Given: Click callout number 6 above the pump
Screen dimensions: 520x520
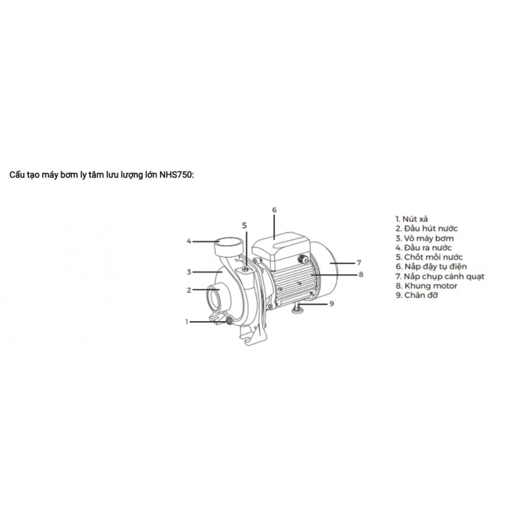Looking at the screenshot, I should tap(275, 210).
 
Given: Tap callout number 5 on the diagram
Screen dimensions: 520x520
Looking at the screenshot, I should tap(245, 225).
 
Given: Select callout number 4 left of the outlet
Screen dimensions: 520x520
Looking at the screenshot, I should tap(190, 241).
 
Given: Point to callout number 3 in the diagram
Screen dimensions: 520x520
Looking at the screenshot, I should tap(190, 271).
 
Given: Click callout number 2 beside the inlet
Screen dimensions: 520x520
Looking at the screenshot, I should tap(190, 290).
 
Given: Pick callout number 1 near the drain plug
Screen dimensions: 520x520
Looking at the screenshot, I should tap(186, 322).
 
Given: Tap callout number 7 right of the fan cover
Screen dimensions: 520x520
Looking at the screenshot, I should tap(358, 262).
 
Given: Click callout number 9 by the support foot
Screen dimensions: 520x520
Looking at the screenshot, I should tap(331, 304).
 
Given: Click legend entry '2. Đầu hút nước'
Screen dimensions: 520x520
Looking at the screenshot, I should tap(426, 228).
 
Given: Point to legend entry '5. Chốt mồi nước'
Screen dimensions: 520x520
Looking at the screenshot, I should tap(428, 257).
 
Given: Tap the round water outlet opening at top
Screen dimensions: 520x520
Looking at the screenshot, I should tap(229, 241).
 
